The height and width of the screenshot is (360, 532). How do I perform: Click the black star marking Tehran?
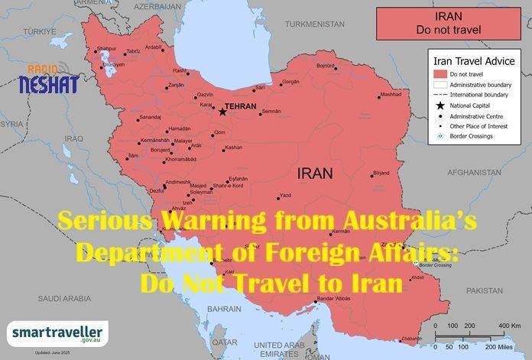coord(222,112)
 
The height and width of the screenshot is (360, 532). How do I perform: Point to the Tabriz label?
coord(134,51)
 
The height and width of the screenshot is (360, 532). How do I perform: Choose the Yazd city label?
coord(285,195)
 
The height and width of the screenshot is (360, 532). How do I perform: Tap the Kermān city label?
coord(341,232)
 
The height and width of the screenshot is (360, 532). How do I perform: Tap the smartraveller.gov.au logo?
coord(58,333)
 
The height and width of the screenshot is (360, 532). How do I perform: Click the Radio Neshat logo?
coord(48,79)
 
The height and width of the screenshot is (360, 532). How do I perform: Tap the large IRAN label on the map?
coord(315,174)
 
